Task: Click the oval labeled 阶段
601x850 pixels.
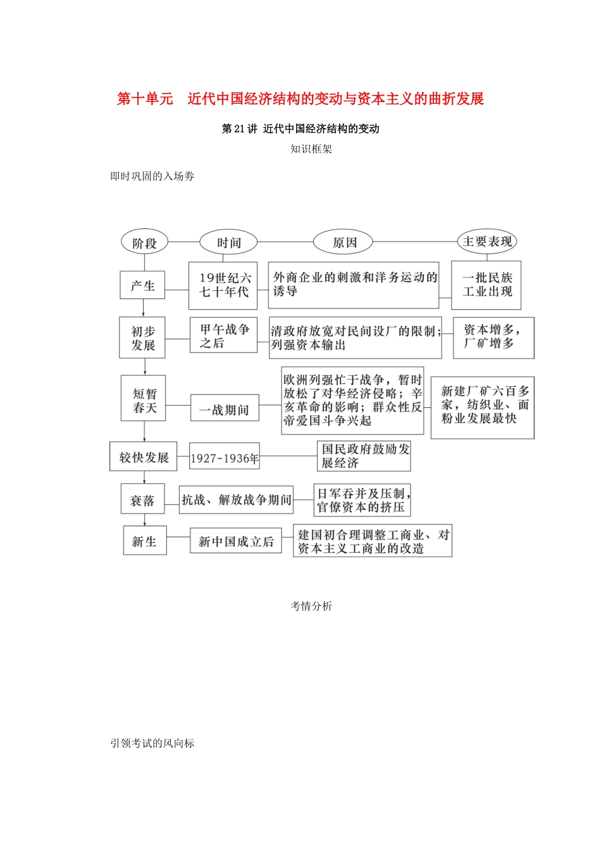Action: pos(145,243)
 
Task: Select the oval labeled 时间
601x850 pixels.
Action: pos(228,243)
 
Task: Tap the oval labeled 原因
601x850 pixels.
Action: pos(344,243)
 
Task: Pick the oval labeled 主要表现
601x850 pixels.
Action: pos(486,242)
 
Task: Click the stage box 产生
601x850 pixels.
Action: pos(142,285)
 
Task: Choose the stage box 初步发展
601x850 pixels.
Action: pos(143,338)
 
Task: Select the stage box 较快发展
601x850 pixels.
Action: pos(144,457)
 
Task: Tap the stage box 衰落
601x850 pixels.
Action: pos(142,500)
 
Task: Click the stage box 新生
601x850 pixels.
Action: pos(144,541)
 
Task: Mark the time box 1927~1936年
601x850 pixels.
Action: pos(225,458)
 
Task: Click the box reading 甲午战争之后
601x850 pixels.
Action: pos(224,336)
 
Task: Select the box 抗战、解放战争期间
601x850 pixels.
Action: pos(236,500)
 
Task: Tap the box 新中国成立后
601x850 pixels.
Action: pos(235,541)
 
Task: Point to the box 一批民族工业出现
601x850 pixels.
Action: pos(486,285)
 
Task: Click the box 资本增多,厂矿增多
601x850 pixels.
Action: pos(493,338)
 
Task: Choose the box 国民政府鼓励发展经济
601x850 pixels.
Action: pos(364,456)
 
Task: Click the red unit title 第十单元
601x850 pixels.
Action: pos(145,99)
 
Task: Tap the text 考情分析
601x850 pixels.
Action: pos(311,607)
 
